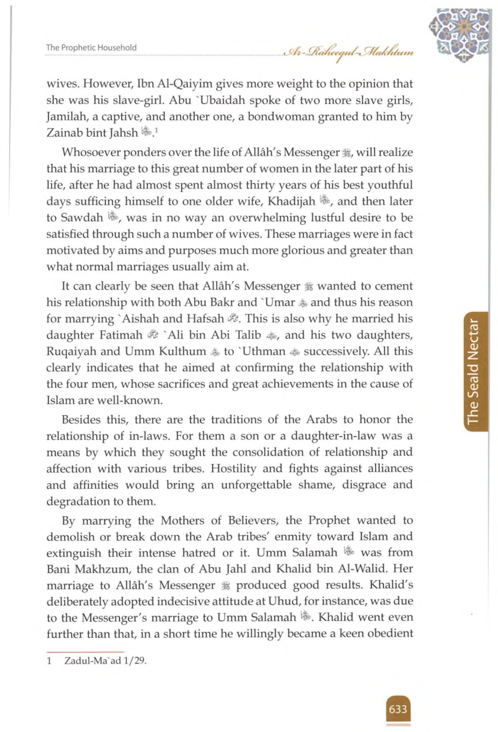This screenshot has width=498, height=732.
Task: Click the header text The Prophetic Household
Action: (x=91, y=48)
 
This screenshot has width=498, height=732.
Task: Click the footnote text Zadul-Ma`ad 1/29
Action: (x=106, y=660)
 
